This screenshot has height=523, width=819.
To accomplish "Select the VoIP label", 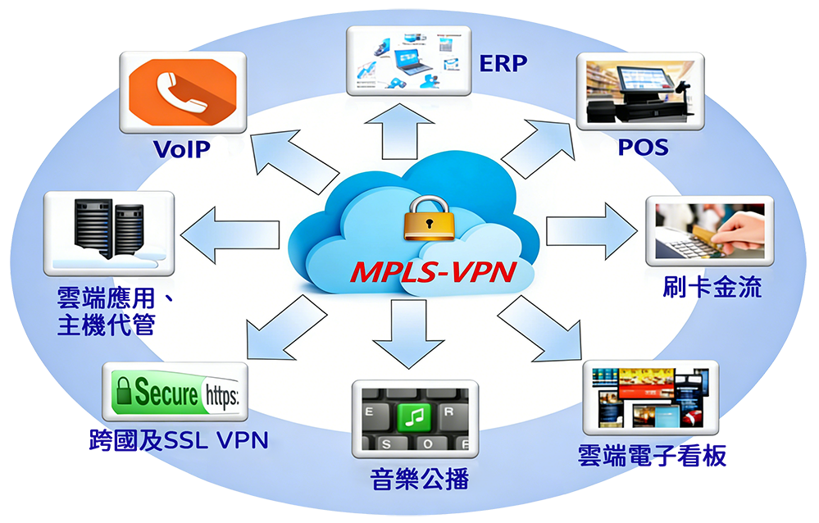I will [x=182, y=149].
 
